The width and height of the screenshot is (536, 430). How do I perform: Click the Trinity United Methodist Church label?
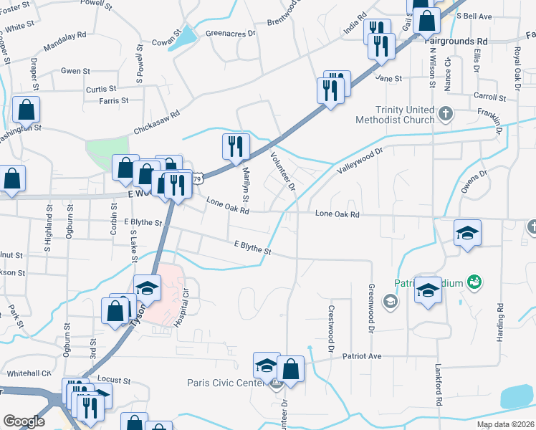point(395,115)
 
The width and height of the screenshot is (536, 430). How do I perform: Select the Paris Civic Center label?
point(226,383)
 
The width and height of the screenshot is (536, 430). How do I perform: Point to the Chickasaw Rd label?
point(155,121)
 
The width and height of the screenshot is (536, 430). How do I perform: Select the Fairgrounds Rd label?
point(459,42)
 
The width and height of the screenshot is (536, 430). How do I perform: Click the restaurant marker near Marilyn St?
point(236,146)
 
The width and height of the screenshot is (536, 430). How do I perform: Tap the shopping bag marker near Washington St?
point(27,110)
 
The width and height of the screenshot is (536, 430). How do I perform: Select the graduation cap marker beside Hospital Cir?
point(147,288)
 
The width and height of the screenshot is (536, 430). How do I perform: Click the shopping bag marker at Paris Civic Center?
point(291,369)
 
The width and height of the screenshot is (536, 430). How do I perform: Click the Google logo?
point(24,421)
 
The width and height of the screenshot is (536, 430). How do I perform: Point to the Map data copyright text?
point(504,424)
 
